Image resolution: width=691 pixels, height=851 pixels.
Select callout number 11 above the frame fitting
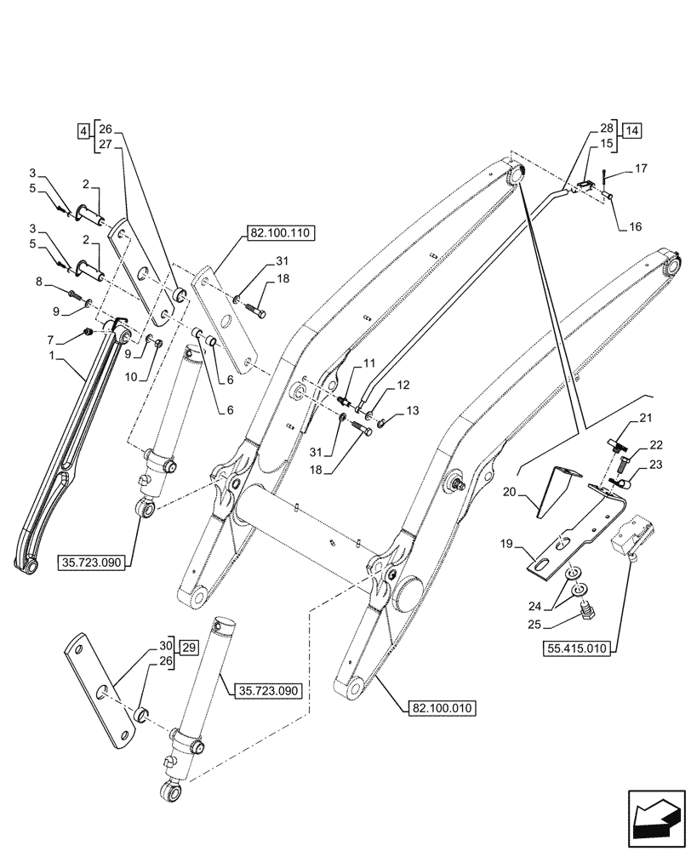[369, 363]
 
